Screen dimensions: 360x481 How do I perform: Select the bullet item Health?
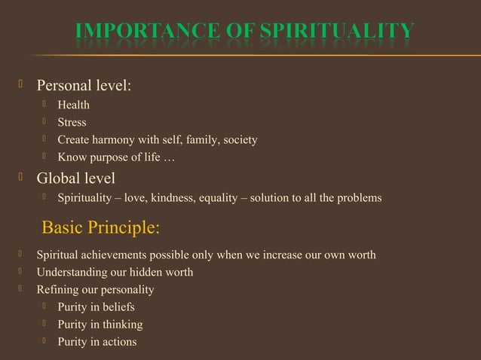click(73, 105)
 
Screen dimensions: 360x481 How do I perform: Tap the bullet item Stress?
click(72, 122)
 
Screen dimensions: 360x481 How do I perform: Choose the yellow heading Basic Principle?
click(100, 227)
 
